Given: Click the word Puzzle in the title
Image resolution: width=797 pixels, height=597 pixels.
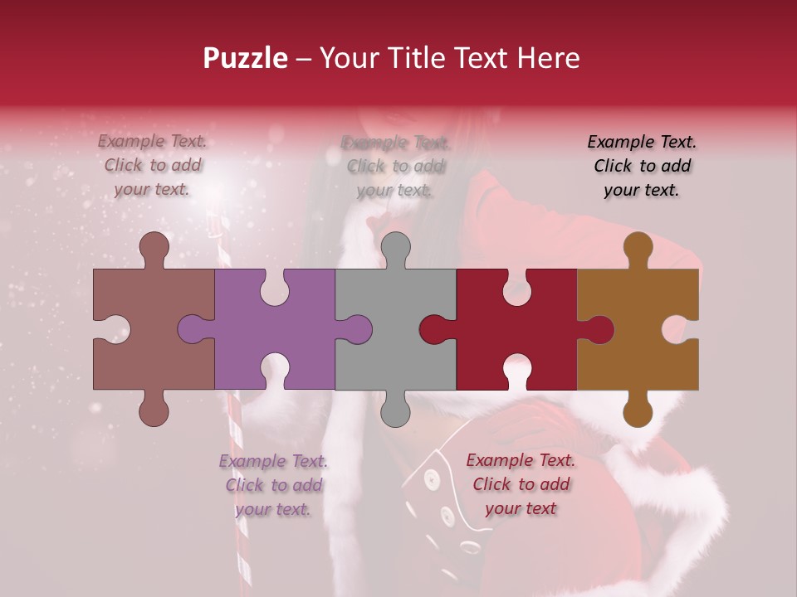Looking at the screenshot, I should tap(246, 58).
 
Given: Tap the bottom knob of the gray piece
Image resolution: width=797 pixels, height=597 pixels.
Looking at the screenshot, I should tap(395, 410).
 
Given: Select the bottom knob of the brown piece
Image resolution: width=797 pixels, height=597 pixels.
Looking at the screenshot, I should tap(638, 410).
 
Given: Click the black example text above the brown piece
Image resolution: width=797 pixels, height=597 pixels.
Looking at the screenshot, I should tap(642, 166).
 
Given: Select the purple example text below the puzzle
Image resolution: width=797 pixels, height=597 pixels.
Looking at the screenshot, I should tap(273, 485).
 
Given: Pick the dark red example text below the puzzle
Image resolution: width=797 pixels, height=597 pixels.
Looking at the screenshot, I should tap(521, 484).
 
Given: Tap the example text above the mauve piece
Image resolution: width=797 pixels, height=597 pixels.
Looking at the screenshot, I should tap(153, 166).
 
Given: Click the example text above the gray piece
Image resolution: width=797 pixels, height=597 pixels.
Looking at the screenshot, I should tap(395, 166).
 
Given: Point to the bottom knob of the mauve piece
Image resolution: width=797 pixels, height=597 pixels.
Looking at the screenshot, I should tap(154, 410).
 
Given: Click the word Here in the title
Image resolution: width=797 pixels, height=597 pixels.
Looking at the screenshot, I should tap(548, 58).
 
